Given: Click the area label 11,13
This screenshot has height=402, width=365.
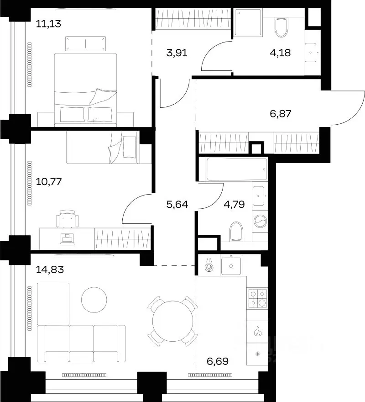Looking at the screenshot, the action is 48,24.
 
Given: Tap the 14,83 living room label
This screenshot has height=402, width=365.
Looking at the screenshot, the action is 50,270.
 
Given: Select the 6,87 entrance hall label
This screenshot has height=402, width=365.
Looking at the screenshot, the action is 281,113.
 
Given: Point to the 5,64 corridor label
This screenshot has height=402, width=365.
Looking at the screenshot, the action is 177,204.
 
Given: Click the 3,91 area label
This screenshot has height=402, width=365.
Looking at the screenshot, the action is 177,53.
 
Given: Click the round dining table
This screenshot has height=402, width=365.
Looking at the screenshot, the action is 172,321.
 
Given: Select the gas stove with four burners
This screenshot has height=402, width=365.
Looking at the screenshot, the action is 257,298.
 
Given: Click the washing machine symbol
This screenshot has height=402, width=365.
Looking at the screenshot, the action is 260,221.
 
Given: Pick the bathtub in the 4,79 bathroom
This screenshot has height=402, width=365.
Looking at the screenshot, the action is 236,169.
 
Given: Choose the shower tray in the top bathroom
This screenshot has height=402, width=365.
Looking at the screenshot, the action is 248,22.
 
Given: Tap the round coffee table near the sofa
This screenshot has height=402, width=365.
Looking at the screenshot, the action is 94,300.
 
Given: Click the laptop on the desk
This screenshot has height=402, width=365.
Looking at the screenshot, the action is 67,239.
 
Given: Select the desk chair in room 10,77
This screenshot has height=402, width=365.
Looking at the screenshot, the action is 68,219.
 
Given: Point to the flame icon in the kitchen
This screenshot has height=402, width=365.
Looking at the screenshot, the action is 257,331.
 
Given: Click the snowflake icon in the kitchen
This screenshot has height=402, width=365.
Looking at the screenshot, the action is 257,354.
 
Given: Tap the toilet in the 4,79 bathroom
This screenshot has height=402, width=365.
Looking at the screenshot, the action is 236,232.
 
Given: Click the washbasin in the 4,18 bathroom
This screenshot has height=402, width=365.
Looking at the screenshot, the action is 310,52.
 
